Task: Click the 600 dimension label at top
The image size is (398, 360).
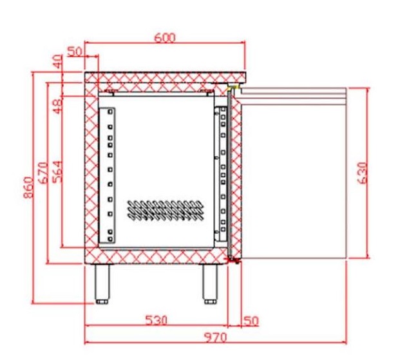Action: pyautogui.click(x=165, y=37)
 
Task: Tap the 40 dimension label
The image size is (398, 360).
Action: pyautogui.click(x=59, y=61)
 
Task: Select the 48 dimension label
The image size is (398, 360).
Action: pyautogui.click(x=58, y=107)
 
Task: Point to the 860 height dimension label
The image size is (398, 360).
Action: pyautogui.click(x=28, y=187)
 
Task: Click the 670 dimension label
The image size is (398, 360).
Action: pyautogui.click(x=43, y=173)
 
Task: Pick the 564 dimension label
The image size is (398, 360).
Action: pyautogui.click(x=57, y=171)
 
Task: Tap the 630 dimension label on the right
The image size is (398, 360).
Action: pyautogui.click(x=363, y=173)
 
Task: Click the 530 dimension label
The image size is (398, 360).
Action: pyautogui.click(x=156, y=320)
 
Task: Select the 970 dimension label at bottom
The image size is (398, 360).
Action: pyautogui.click(x=216, y=337)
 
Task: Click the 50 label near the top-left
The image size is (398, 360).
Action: pyautogui.click(x=75, y=52)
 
